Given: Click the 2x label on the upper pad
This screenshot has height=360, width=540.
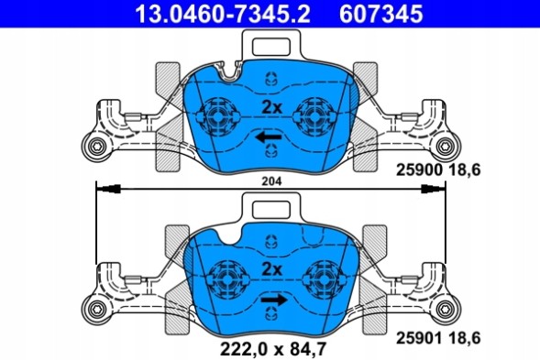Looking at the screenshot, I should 270,106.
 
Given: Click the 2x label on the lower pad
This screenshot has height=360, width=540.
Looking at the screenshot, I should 270,268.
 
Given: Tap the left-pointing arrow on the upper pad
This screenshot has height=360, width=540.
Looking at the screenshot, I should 269,137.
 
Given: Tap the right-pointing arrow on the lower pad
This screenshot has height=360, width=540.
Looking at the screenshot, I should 273,300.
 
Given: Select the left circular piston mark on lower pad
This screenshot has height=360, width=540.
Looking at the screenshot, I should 224,275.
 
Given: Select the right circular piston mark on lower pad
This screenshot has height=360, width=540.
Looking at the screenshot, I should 323,275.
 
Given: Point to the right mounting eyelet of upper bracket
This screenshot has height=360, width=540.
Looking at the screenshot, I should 446,147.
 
